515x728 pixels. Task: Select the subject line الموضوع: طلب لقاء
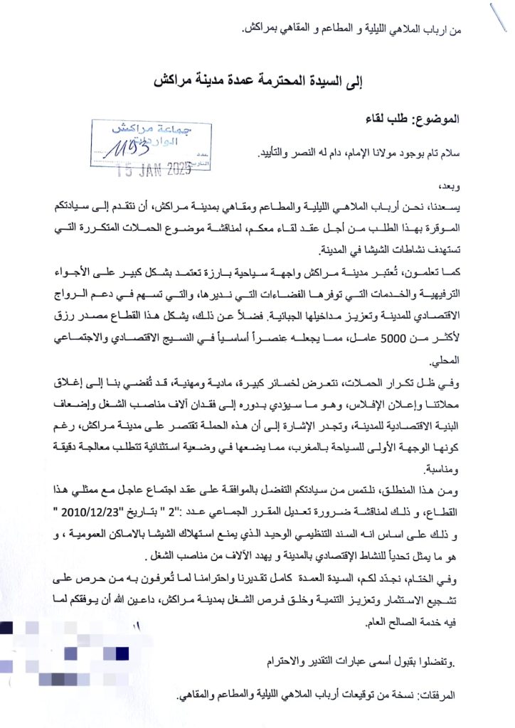(x=420, y=119)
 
